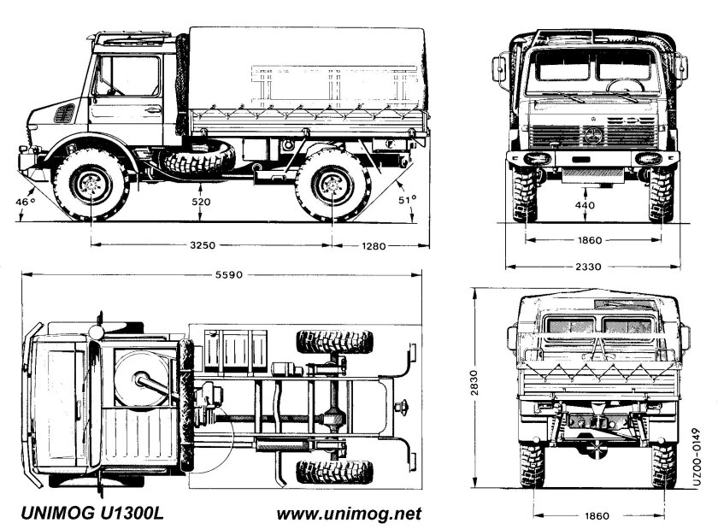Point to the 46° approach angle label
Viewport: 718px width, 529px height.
pos(26,202)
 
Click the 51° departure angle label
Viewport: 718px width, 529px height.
pos(409,200)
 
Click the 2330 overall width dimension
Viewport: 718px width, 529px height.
pos(587,267)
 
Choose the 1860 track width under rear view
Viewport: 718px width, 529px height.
pos(598,515)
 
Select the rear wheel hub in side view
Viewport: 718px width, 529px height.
pos(332,183)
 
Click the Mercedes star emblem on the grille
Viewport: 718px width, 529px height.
pos(592,135)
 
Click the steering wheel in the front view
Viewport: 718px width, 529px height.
pos(625,85)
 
